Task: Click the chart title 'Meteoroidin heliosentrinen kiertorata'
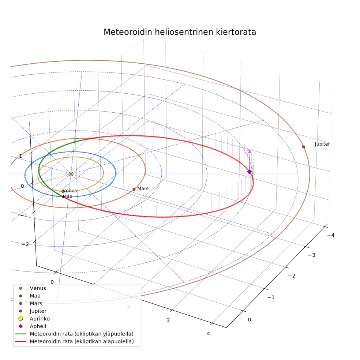(180, 32)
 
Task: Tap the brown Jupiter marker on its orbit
(304, 147)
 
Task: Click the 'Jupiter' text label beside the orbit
(322, 144)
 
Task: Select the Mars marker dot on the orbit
(134, 189)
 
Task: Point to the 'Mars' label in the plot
(143, 188)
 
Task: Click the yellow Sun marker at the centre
(71, 174)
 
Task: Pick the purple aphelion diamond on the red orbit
(250, 172)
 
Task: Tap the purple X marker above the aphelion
(250, 151)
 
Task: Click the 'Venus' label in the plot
(70, 191)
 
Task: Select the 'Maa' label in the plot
(67, 196)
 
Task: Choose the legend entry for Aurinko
(34, 319)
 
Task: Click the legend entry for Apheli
(33, 326)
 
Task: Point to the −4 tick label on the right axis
(331, 235)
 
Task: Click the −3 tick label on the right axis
(312, 255)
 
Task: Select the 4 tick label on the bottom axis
(209, 334)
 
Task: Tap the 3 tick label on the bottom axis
(168, 320)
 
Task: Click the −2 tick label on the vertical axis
(25, 244)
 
